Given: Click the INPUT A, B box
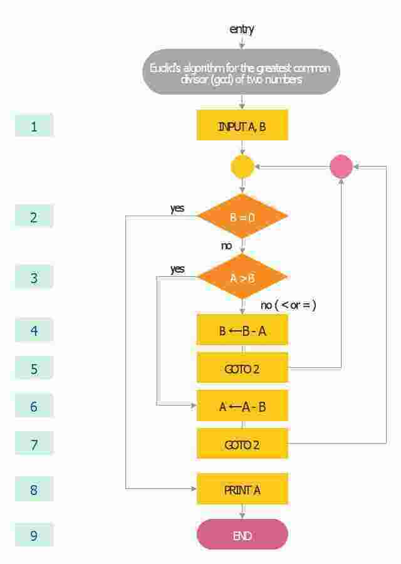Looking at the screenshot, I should coord(242,125).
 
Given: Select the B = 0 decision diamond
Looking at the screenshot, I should coord(242,217).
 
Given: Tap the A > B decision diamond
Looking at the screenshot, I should coord(242,277).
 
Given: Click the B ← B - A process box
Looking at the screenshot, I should coord(242,330).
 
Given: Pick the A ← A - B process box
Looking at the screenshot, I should coord(242,406).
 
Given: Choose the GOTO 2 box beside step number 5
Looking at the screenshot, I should coord(242,368).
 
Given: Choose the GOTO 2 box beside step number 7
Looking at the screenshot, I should coord(242,444).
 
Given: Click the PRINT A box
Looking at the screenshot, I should coord(242,489).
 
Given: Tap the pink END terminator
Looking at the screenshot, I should coord(242,535).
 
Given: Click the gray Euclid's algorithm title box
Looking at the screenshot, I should coord(242,72).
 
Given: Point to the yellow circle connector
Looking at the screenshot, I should coord(242,167).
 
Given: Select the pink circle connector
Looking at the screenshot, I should coord(341,167).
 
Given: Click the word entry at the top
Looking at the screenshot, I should coord(242,29).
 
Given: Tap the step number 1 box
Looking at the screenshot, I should coord(34,126).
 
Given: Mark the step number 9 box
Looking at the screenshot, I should coord(34,536).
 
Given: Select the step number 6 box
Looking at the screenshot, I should coord(34,407).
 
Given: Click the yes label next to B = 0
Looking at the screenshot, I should coord(177,208).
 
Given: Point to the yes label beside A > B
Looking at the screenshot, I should coord(177,269).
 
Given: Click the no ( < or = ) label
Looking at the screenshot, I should coord(289,305).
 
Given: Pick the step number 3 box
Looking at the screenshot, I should coord(34,278).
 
